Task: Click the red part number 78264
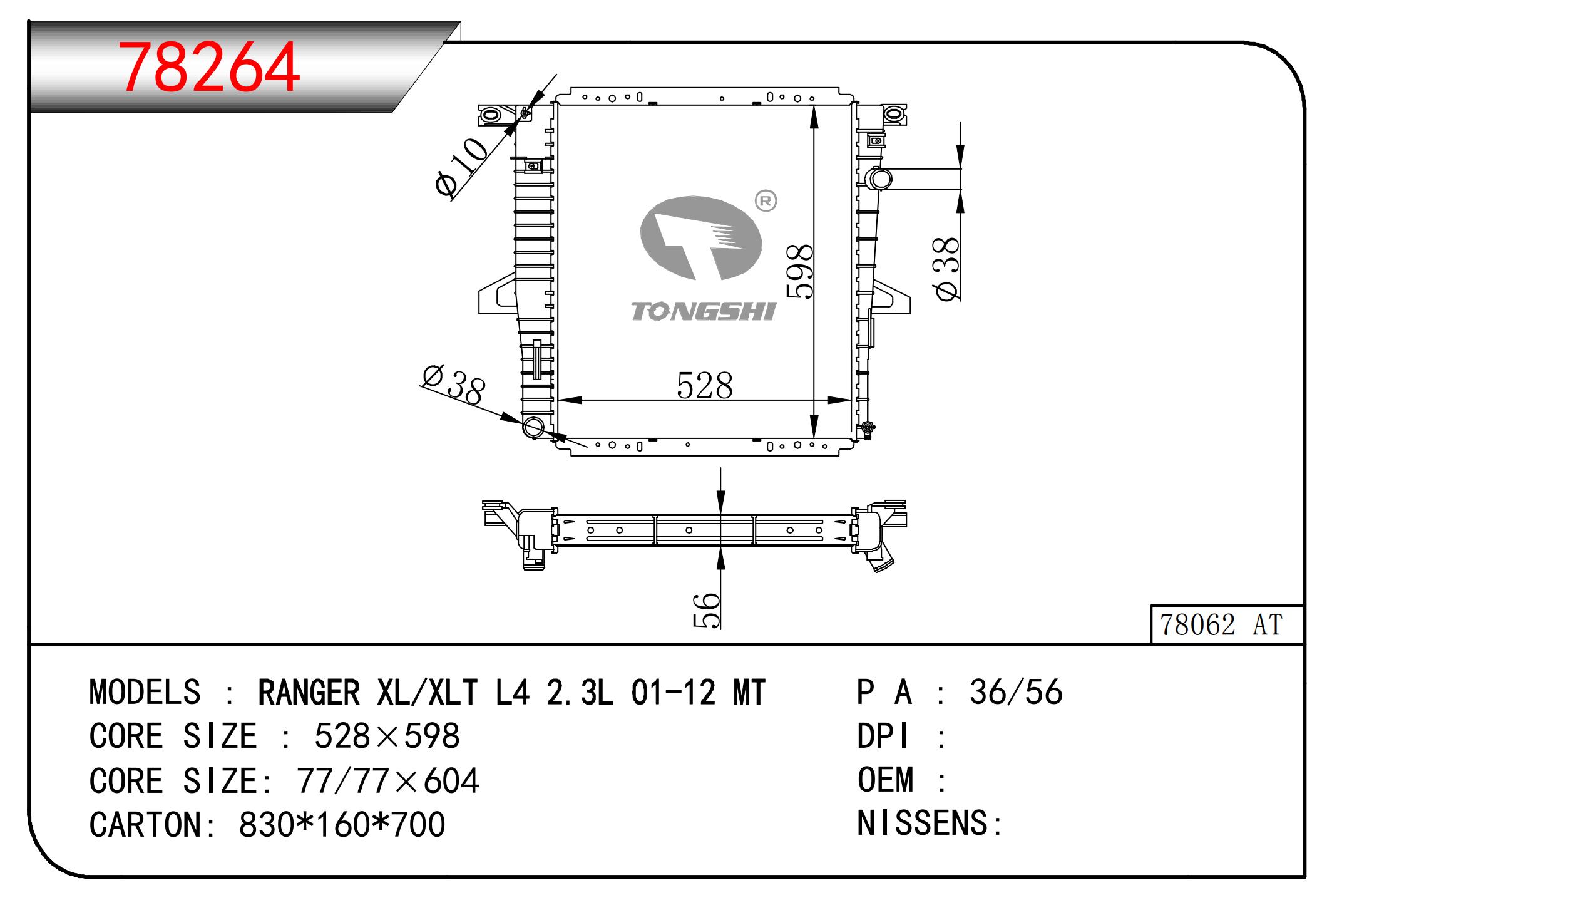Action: [209, 68]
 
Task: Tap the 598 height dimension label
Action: [800, 271]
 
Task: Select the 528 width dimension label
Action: [704, 386]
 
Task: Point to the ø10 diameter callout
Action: [461, 167]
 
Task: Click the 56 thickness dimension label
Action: [707, 609]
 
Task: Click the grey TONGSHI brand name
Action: [704, 311]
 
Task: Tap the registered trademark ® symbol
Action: [766, 201]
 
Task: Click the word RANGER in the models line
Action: [309, 693]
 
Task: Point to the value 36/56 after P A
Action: [1016, 692]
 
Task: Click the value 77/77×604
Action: [388, 780]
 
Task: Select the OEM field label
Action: [886, 780]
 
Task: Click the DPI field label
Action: [883, 736]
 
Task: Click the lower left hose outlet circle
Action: [534, 428]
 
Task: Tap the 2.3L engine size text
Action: [580, 693]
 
